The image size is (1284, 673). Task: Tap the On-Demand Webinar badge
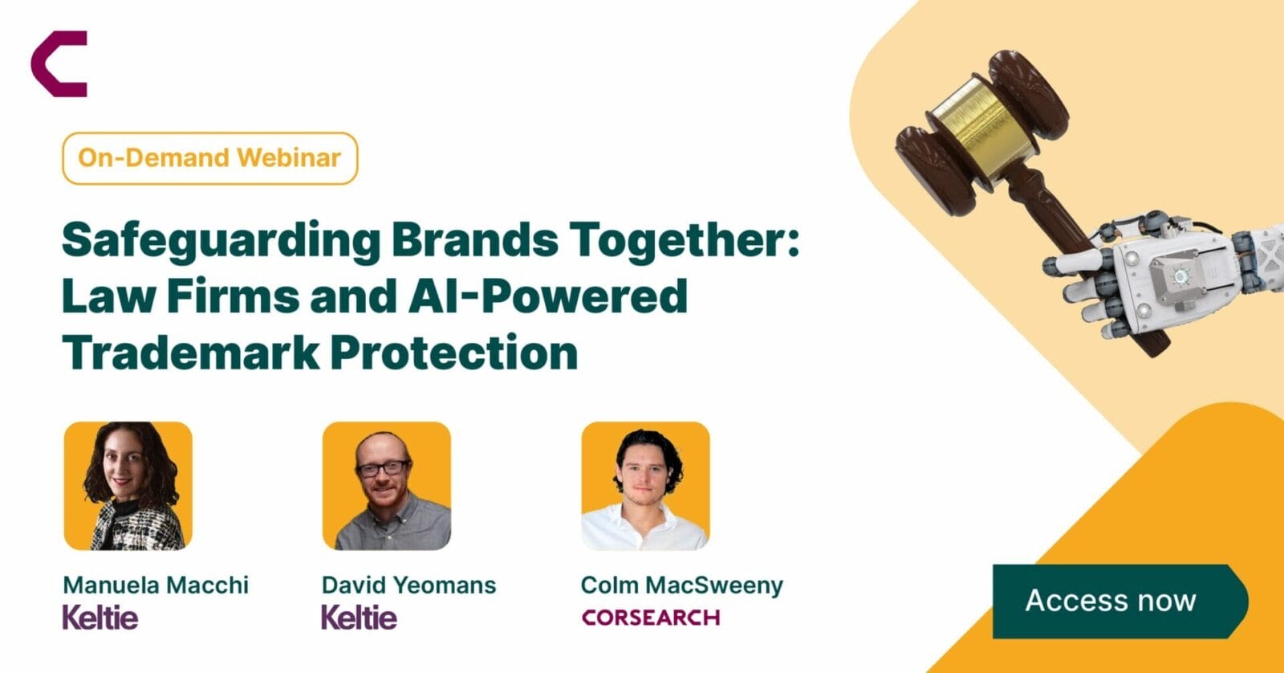pyautogui.click(x=209, y=158)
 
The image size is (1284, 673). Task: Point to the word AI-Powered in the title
pyautogui.click(x=547, y=296)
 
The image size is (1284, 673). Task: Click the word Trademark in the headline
pyautogui.click(x=190, y=353)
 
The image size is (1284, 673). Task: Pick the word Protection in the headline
pyautogui.click(x=454, y=353)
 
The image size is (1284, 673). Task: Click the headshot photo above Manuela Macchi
pyautogui.click(x=128, y=486)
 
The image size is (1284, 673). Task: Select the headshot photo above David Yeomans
pyautogui.click(x=387, y=486)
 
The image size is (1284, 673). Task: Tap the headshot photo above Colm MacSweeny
pyautogui.click(x=645, y=486)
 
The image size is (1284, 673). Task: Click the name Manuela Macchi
pyautogui.click(x=156, y=585)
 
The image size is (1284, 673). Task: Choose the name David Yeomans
pyautogui.click(x=408, y=585)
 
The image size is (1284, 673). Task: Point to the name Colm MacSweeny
pyautogui.click(x=681, y=585)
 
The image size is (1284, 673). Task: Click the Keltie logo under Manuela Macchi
pyautogui.click(x=100, y=618)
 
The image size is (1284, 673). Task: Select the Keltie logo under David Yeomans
pyautogui.click(x=359, y=618)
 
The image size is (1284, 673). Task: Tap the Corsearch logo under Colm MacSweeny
pyautogui.click(x=651, y=618)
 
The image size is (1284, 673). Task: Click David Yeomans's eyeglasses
pyautogui.click(x=383, y=469)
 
